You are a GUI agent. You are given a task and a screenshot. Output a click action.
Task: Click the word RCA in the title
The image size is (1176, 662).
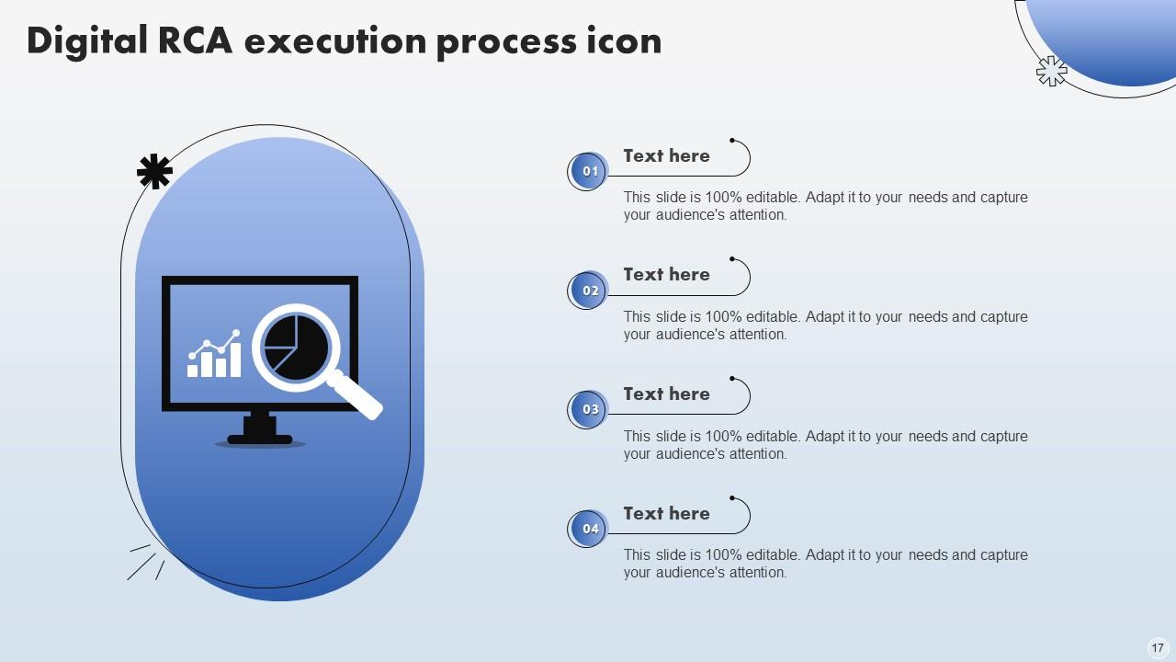(194, 40)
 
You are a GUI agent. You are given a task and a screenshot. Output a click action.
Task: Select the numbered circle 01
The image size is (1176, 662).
(588, 171)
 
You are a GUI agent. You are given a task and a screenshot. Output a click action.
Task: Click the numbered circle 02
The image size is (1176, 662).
(588, 290)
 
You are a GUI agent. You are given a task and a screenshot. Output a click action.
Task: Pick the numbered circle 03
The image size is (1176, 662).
(588, 409)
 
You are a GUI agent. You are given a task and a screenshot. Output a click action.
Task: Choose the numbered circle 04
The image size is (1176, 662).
(588, 529)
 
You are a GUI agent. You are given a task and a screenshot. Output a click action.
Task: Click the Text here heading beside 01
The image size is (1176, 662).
(666, 155)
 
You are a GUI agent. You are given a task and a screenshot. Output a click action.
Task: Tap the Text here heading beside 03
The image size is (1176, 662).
(666, 394)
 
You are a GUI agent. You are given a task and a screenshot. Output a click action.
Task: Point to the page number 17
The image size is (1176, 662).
(1158, 648)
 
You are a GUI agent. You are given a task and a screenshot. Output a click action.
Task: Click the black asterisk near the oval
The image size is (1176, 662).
(154, 171)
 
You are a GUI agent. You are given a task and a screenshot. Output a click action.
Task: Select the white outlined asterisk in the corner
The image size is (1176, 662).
(1052, 71)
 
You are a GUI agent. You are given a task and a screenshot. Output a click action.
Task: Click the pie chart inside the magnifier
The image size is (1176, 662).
(296, 348)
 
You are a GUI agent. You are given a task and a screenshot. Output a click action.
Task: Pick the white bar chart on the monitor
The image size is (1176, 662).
(214, 354)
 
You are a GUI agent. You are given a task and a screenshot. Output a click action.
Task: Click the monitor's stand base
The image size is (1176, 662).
(260, 439)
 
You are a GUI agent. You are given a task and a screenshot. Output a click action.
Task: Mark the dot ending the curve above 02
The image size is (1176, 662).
(732, 259)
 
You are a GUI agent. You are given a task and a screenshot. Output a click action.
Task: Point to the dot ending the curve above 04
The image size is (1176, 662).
(732, 497)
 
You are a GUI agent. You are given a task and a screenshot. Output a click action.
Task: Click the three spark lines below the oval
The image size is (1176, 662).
(146, 563)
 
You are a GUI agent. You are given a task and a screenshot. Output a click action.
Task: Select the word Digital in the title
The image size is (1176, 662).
(87, 41)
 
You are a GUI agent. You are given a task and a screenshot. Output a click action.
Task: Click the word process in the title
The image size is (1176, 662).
(506, 43)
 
